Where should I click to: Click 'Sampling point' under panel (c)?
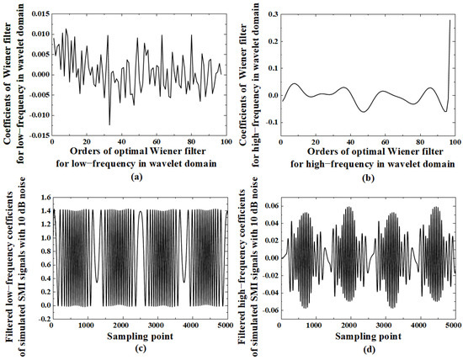(141, 336)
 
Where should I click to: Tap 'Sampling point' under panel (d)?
(368, 336)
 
